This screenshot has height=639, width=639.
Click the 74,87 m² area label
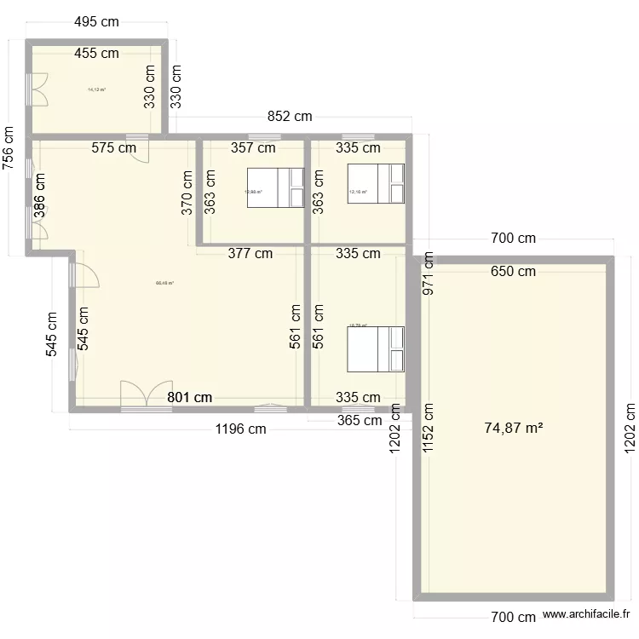point(514,429)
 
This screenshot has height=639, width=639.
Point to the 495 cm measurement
point(95,23)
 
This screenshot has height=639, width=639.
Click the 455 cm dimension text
point(95,53)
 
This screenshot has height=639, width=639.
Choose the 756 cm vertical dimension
point(9,149)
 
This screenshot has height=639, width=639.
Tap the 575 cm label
point(114,147)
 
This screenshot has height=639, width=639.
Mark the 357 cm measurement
point(253,147)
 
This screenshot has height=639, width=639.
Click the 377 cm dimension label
point(250,253)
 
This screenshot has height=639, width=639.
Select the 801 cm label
point(189,397)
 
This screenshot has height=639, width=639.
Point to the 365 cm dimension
point(360,419)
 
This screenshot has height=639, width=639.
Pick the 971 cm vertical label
point(428,274)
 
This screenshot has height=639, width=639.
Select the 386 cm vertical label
point(39,196)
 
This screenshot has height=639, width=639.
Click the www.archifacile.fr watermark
point(588,613)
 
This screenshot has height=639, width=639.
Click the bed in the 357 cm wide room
point(275,187)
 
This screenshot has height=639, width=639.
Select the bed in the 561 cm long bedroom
point(375,348)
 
